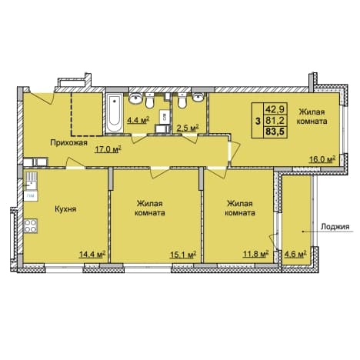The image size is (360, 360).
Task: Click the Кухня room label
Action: click(65, 209)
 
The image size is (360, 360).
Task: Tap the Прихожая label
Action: click(68, 142)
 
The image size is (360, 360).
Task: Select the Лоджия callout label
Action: click(335, 227)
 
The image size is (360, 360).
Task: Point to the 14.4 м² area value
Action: click(92, 255)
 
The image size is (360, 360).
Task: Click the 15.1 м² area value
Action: click(183, 255)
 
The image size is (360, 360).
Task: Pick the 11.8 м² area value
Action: click(255, 254)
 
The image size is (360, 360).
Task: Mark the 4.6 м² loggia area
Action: click(296, 254)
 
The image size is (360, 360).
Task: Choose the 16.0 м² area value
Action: click(322, 159)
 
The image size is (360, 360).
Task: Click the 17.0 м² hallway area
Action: click(108, 149)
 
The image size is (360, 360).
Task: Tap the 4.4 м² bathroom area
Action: click(138, 120)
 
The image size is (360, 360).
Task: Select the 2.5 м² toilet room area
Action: click(188, 128)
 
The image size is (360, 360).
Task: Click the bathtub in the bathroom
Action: click(115, 113)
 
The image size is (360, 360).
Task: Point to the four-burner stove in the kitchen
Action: click(31, 225)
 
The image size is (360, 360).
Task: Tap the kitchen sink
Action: click(31, 181)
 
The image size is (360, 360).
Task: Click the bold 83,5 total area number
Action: click(276, 132)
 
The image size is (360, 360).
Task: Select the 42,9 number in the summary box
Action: click(275, 109)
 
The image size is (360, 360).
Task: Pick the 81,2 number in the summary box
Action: click(275, 120)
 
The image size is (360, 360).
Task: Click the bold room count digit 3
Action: click(258, 121)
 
